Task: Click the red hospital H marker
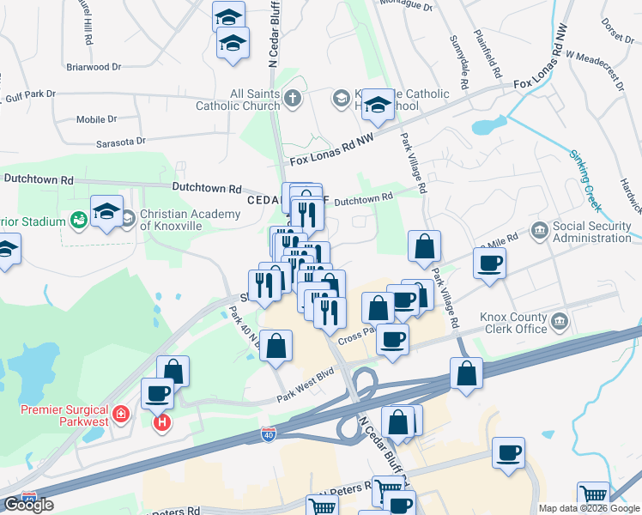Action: (160, 422)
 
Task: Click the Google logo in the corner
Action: (28, 505)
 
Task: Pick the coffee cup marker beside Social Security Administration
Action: (489, 264)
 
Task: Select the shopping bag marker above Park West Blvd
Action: (276, 347)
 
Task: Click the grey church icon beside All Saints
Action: (292, 98)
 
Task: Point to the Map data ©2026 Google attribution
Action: (590, 508)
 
